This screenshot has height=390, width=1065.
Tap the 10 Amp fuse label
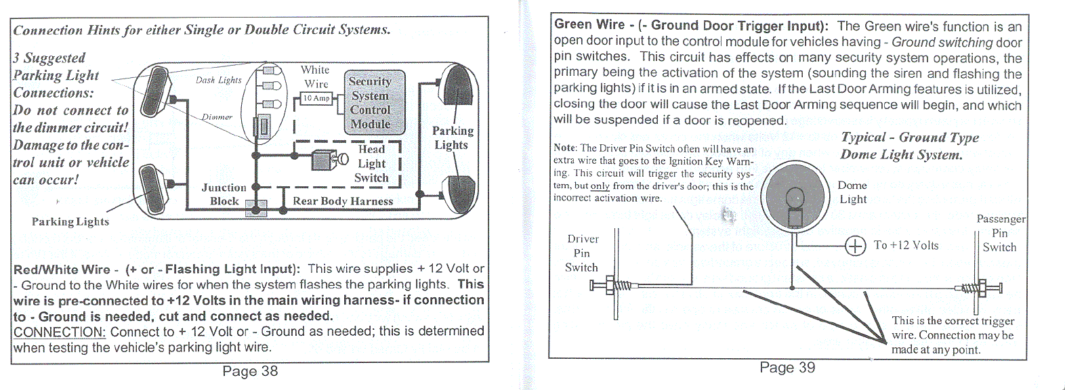(x=316, y=99)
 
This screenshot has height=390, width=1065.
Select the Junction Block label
(x=224, y=194)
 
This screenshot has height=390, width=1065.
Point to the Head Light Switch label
(x=371, y=163)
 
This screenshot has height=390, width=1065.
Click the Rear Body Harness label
(x=343, y=201)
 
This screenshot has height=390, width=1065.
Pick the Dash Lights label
(x=218, y=80)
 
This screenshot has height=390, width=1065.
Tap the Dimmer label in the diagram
(x=217, y=116)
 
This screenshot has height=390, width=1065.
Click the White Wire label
(x=316, y=77)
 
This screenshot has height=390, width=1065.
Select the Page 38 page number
(x=250, y=371)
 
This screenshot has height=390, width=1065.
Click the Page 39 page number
(x=787, y=368)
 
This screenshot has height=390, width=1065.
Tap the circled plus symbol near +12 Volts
(x=856, y=245)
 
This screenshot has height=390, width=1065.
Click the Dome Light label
(x=852, y=192)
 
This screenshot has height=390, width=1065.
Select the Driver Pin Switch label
(x=583, y=253)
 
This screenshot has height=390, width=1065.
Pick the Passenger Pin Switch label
(x=1000, y=233)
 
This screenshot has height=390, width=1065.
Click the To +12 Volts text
(x=906, y=245)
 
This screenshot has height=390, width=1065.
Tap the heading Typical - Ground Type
(x=910, y=137)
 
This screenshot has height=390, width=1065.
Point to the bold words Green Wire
(x=589, y=25)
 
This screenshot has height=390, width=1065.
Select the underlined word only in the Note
(x=600, y=186)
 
